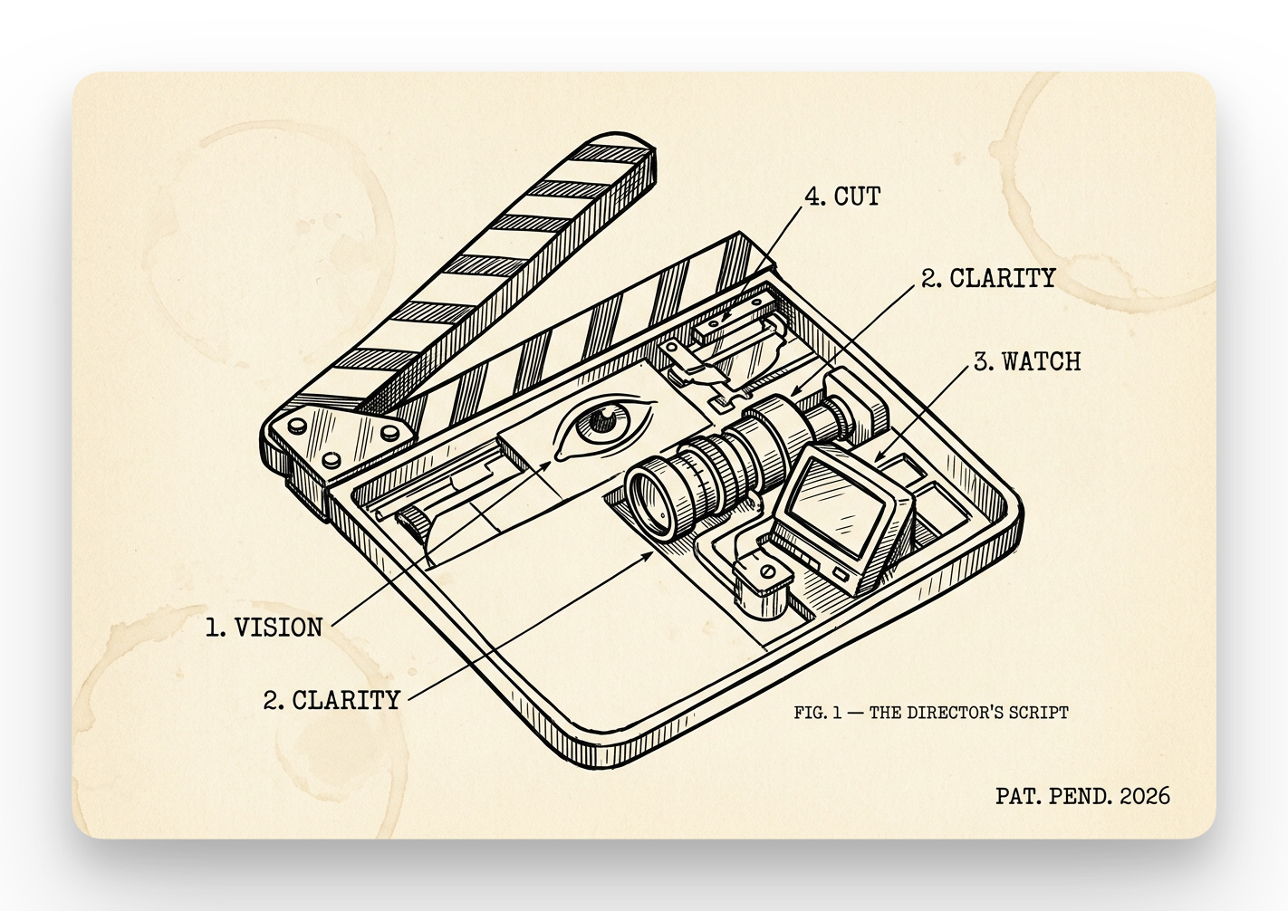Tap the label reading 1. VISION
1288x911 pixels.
pyautogui.click(x=264, y=627)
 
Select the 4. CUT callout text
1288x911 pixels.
pyautogui.click(x=842, y=196)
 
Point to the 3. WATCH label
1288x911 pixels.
pyautogui.click(x=1027, y=361)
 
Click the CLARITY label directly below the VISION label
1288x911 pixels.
pyautogui.click(x=332, y=700)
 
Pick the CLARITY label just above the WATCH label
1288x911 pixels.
pyautogui.click(x=989, y=278)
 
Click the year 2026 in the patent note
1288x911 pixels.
pyautogui.click(x=1145, y=796)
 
